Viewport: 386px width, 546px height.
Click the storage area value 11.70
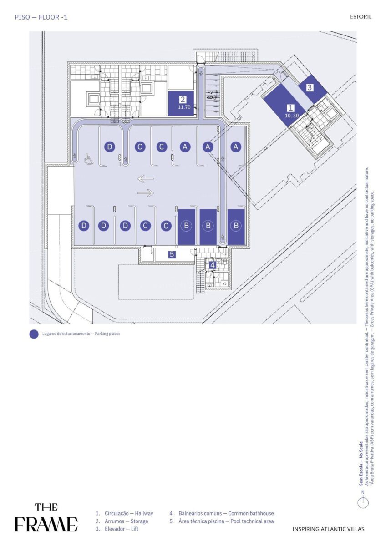coord(184,107)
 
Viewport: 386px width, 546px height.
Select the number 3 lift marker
coord(310,87)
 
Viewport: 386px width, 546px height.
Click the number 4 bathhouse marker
coord(213,265)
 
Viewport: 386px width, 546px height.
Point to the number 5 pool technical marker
coord(172,254)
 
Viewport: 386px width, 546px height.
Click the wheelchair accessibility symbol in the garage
coord(89,159)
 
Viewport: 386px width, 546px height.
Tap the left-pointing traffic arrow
coord(146,179)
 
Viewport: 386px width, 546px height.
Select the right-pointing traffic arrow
coord(146,193)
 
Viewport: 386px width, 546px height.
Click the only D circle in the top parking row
coord(110,147)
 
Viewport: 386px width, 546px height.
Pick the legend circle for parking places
coord(34,334)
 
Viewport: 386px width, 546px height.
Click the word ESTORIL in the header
coord(361,17)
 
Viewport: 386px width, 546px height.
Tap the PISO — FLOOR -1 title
coord(41,17)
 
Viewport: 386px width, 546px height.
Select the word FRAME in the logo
coord(46,524)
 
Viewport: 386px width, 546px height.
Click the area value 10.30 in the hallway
coord(292,116)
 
